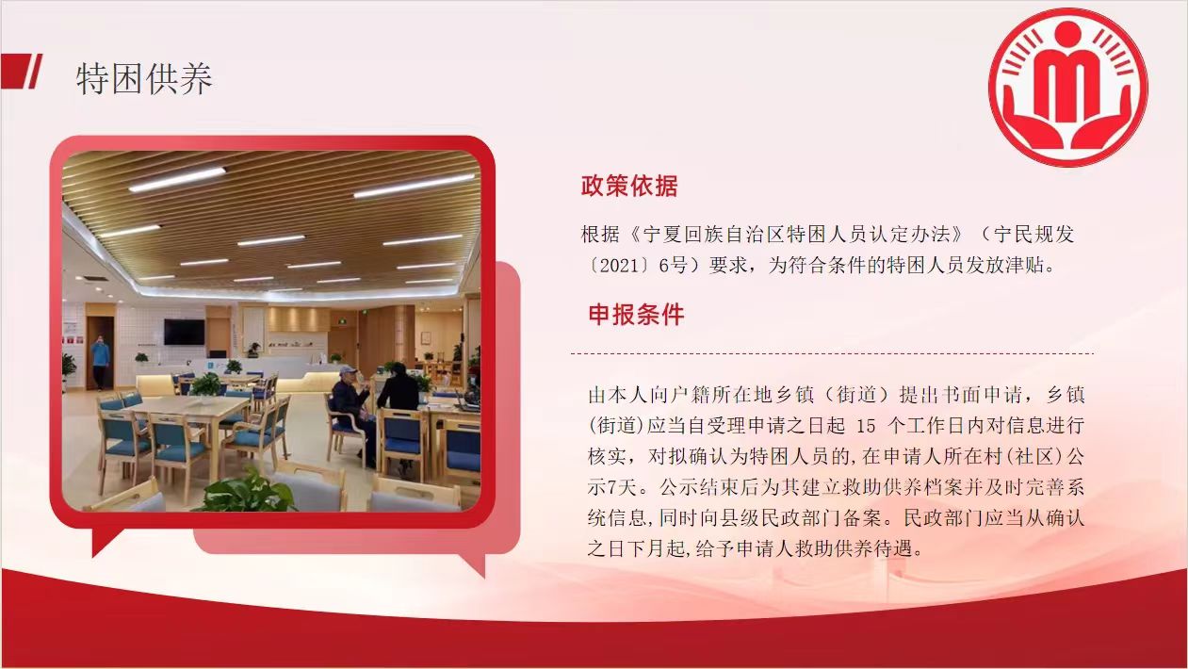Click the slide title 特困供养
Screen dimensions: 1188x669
click(x=144, y=78)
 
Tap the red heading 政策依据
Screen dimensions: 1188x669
click(x=629, y=186)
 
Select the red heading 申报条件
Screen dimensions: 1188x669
click(x=637, y=315)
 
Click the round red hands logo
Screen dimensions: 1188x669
click(x=1067, y=88)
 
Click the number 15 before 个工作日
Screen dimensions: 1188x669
click(x=866, y=426)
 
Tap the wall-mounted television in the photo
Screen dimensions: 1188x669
click(x=184, y=332)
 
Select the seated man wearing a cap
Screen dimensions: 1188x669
click(x=352, y=411)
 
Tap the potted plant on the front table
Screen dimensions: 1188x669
click(x=205, y=386)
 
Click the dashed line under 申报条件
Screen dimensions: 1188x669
click(x=832, y=353)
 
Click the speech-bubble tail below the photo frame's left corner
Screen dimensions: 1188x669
click(x=106, y=541)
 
